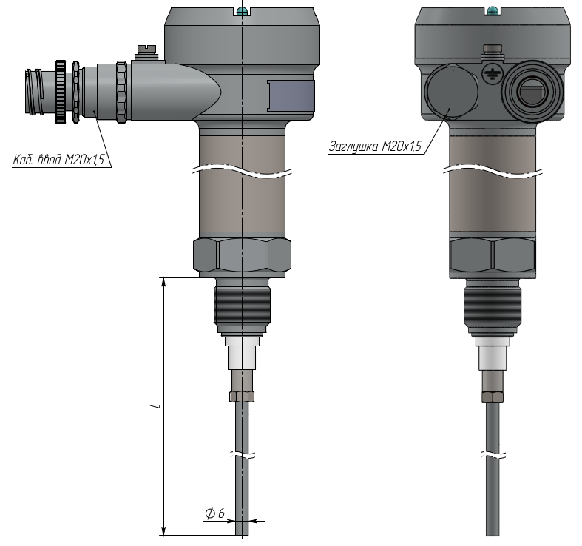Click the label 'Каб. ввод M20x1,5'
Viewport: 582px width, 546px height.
point(58,160)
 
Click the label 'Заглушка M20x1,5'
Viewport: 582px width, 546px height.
point(375,146)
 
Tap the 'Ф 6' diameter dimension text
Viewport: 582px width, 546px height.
point(215,513)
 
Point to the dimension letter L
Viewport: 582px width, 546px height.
point(157,405)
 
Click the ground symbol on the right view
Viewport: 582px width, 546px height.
point(491,73)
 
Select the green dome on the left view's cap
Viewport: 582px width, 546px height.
point(242,11)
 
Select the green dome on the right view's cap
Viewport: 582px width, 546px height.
point(493,10)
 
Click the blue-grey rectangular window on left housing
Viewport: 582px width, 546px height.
point(291,96)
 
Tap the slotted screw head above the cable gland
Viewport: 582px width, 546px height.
point(147,49)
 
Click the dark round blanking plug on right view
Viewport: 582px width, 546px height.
point(451,92)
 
